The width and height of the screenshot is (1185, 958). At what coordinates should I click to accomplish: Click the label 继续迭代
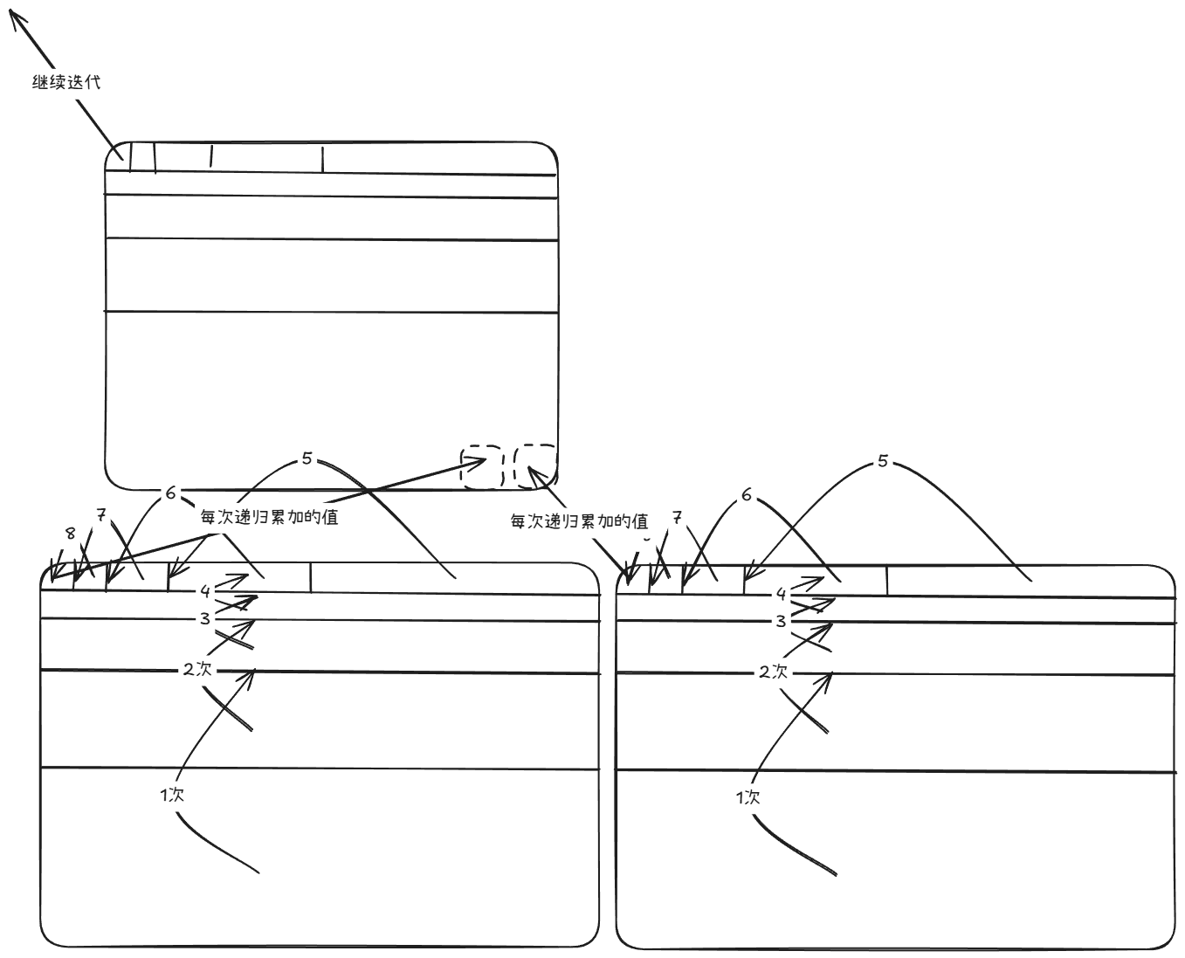(x=66, y=82)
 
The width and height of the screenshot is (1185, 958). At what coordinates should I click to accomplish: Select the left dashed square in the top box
(x=482, y=466)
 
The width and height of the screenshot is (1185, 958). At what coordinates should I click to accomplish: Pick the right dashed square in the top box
(x=535, y=466)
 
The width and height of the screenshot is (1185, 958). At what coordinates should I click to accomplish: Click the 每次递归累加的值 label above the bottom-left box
(x=269, y=517)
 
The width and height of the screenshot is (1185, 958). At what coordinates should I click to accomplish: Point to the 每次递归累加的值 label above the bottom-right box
(x=579, y=520)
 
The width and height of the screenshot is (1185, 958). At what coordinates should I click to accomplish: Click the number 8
(x=70, y=534)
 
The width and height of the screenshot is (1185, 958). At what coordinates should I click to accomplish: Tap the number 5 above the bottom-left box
(x=307, y=458)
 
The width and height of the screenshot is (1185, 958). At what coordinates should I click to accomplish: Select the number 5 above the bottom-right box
(x=883, y=461)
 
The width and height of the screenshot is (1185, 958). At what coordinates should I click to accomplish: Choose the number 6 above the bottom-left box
(x=171, y=493)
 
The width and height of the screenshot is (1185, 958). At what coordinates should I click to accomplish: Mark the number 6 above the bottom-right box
(x=747, y=494)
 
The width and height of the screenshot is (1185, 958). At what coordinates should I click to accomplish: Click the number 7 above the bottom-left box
(x=100, y=515)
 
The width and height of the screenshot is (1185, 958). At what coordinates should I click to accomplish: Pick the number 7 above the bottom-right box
(x=677, y=518)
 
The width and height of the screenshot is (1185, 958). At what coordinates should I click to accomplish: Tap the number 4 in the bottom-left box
(x=205, y=591)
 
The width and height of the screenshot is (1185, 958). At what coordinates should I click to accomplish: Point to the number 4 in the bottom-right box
(x=781, y=594)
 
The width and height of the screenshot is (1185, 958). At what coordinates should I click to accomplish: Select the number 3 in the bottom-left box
(x=205, y=618)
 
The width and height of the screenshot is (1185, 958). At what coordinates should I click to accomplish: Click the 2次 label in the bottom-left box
(x=197, y=669)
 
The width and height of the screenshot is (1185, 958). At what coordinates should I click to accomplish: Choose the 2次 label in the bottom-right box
(x=774, y=672)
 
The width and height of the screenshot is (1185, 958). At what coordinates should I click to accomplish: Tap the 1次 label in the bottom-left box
(x=172, y=795)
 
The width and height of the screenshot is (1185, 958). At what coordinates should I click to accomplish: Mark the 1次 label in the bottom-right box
(x=748, y=798)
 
